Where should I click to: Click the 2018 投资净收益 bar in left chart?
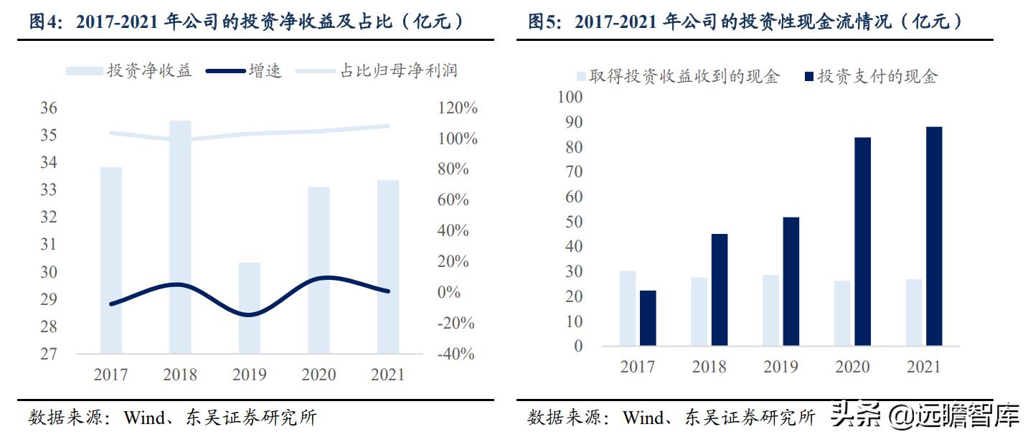[x=180, y=237]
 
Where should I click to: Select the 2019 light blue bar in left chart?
[x=249, y=309]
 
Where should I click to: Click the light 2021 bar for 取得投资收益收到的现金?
[x=914, y=312]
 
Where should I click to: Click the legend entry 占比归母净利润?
[x=398, y=70]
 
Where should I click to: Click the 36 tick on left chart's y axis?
[x=48, y=108]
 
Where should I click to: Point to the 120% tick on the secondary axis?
[x=457, y=108]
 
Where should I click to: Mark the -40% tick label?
[x=457, y=354]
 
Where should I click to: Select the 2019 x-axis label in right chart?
[x=780, y=367]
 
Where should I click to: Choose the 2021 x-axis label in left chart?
[x=387, y=375]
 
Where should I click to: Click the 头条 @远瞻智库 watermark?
[x=925, y=414]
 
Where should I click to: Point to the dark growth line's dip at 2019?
[x=249, y=314]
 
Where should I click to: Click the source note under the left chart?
[x=172, y=418]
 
